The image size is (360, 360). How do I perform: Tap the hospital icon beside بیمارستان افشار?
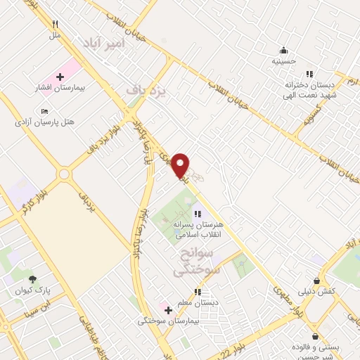tap(60, 76)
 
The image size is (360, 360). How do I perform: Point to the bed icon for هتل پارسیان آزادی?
tap(45, 111)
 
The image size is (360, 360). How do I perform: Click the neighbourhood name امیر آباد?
tap(103, 43)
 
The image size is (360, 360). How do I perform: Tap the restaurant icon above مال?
tap(55, 24)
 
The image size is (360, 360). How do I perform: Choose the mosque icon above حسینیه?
tap(283, 50)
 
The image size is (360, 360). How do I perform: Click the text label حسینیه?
tap(284, 61)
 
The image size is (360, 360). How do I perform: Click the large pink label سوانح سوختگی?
tap(199, 260)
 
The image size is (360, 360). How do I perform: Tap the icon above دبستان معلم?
tap(198, 291)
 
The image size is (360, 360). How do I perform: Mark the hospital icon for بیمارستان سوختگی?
tap(167, 309)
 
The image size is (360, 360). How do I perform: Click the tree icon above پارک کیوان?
tap(32, 279)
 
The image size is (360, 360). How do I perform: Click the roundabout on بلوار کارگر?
tap(65, 174)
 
